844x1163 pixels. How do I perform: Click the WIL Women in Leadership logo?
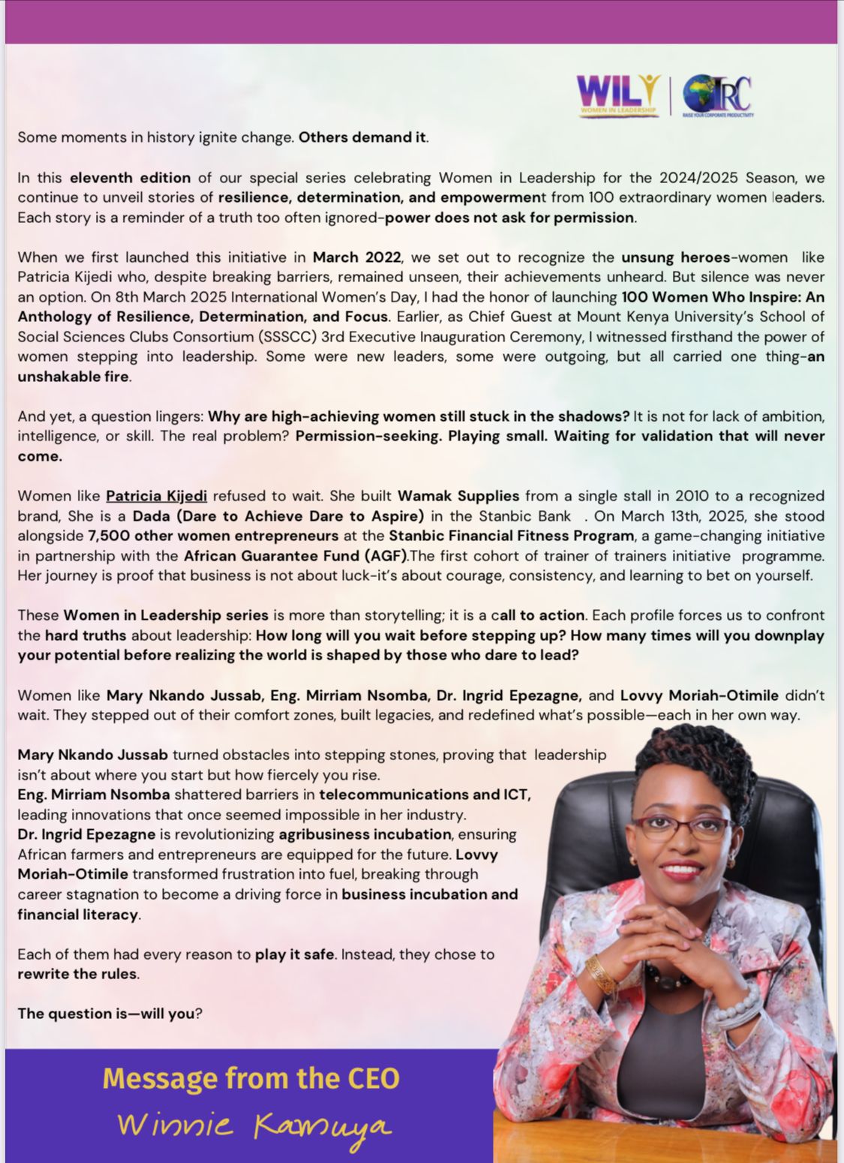coord(618,95)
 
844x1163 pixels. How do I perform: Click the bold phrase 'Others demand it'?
coord(362,137)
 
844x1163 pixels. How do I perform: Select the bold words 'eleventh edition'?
coord(130,178)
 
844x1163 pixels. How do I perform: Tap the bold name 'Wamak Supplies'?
coord(458,496)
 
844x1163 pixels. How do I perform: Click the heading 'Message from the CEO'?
coord(251,1078)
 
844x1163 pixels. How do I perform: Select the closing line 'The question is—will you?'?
coord(110,1014)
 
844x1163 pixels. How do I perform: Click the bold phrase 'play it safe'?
coord(294,954)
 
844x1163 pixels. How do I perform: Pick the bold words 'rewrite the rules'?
coord(77,974)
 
